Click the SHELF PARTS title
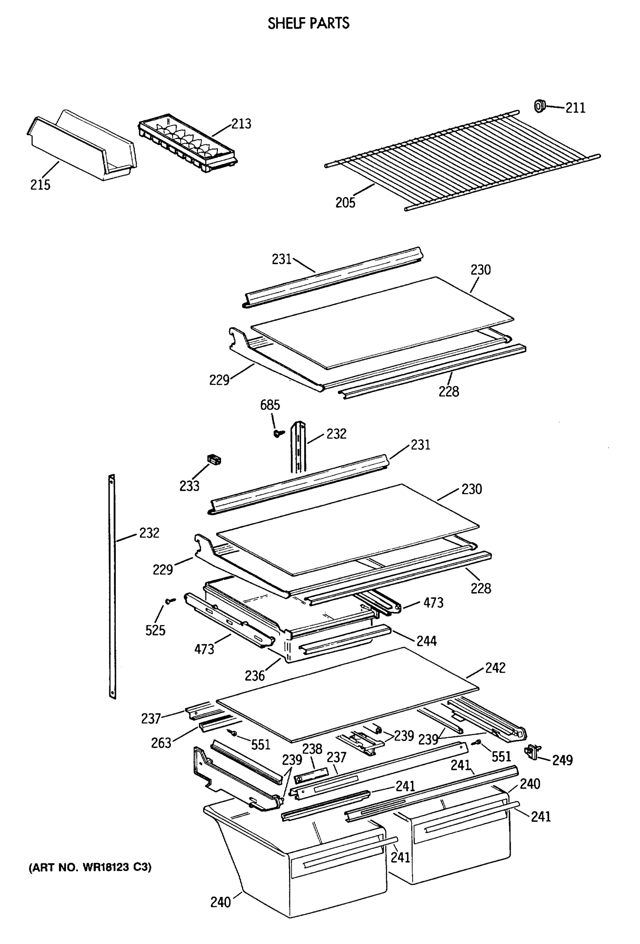[x=308, y=23]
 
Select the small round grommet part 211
[x=539, y=106]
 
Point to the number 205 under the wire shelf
[x=345, y=202]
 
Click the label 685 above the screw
[x=270, y=405]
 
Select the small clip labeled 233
[x=214, y=460]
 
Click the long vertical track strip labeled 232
[x=112, y=585]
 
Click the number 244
[x=427, y=641]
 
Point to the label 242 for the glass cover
[x=495, y=668]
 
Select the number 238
[x=312, y=749]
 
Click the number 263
[x=161, y=743]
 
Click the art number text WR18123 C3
[x=90, y=867]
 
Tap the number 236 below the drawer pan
[x=255, y=676]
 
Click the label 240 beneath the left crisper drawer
[x=220, y=902]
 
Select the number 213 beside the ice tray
[x=241, y=124]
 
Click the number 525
[x=156, y=630]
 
